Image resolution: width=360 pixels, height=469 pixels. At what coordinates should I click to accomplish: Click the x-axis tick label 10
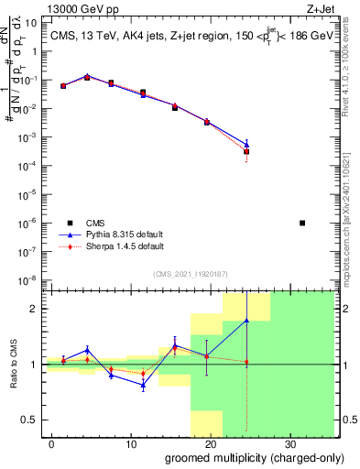click(x=131, y=443)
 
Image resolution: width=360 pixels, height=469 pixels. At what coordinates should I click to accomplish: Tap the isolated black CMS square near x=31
click(x=303, y=223)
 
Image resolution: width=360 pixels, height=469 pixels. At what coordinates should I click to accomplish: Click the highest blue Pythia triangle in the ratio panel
click(x=246, y=321)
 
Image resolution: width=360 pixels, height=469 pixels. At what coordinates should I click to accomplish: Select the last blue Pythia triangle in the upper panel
click(x=246, y=144)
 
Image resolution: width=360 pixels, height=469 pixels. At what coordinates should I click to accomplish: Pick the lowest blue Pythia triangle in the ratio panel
click(x=143, y=385)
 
